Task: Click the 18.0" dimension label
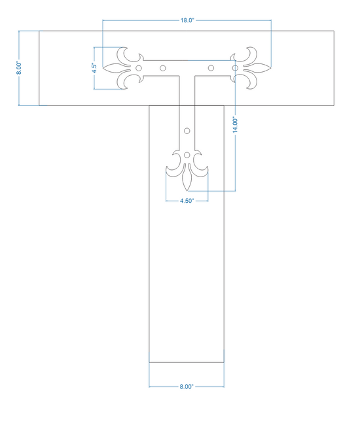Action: pos(187,20)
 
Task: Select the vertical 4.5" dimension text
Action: pos(94,68)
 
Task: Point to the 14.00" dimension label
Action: pos(235,126)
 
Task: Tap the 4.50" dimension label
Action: pos(187,201)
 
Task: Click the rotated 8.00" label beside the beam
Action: pos(19,68)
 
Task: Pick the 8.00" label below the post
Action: pos(187,387)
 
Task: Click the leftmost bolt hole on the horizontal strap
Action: pos(138,68)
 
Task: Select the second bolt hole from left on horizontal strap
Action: pos(163,68)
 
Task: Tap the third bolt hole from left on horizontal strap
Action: pos(211,68)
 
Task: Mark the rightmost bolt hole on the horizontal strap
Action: pos(235,68)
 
